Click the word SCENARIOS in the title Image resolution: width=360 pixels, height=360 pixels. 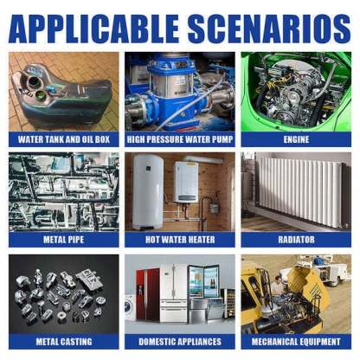pyautogui.click(x=269, y=29)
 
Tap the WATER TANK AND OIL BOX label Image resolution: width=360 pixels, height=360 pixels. pyautogui.click(x=64, y=139)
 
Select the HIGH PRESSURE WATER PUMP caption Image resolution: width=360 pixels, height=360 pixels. pyautogui.click(x=180, y=139)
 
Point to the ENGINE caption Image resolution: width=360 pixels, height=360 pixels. pyautogui.click(x=296, y=139)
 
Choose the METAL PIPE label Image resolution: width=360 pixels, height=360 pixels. pyautogui.click(x=64, y=240)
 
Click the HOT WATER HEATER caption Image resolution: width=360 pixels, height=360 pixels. pyautogui.click(x=180, y=240)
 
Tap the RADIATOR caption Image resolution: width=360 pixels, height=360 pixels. pyautogui.click(x=296, y=240)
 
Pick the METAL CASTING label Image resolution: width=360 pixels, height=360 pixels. pyautogui.click(x=64, y=342)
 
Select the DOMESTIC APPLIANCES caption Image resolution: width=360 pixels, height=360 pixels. pyautogui.click(x=180, y=342)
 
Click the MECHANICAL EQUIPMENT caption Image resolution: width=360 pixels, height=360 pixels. pyautogui.click(x=296, y=342)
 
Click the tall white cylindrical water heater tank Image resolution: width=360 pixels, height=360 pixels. pyautogui.click(x=148, y=192)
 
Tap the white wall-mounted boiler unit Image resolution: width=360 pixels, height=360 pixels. pyautogui.click(x=186, y=182)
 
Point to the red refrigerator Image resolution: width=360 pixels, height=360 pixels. pyautogui.click(x=147, y=295)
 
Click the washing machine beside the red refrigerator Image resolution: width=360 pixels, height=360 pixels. pyautogui.click(x=130, y=308)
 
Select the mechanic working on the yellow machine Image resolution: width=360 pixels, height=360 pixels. pyautogui.click(x=278, y=286)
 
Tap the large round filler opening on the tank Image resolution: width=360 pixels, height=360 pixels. pyautogui.click(x=33, y=82)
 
